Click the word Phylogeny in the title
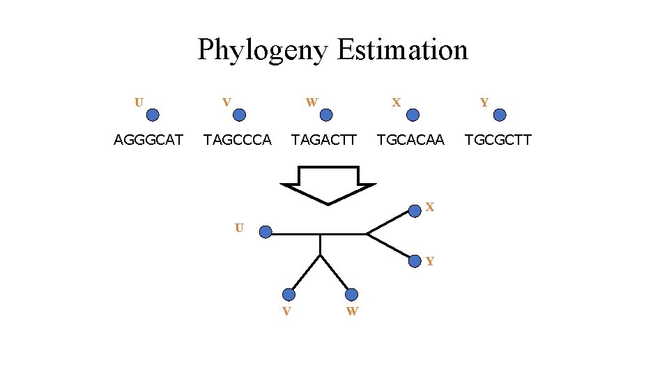pyautogui.click(x=262, y=50)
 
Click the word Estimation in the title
pyautogui.click(x=402, y=50)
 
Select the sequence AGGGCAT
pyautogui.click(x=148, y=140)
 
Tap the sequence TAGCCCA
pyautogui.click(x=237, y=140)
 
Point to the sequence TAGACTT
pyautogui.click(x=324, y=140)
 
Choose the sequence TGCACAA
pyautogui.click(x=410, y=140)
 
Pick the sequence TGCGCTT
pyautogui.click(x=498, y=140)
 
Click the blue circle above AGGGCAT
pyautogui.click(x=153, y=115)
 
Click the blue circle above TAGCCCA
pyautogui.click(x=239, y=115)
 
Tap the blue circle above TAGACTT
pyautogui.click(x=326, y=115)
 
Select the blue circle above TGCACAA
pyautogui.click(x=413, y=115)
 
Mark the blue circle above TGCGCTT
pyautogui.click(x=500, y=115)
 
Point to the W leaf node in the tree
pyautogui.click(x=351, y=295)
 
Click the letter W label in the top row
pyautogui.click(x=312, y=102)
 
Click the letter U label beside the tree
pyautogui.click(x=239, y=228)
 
